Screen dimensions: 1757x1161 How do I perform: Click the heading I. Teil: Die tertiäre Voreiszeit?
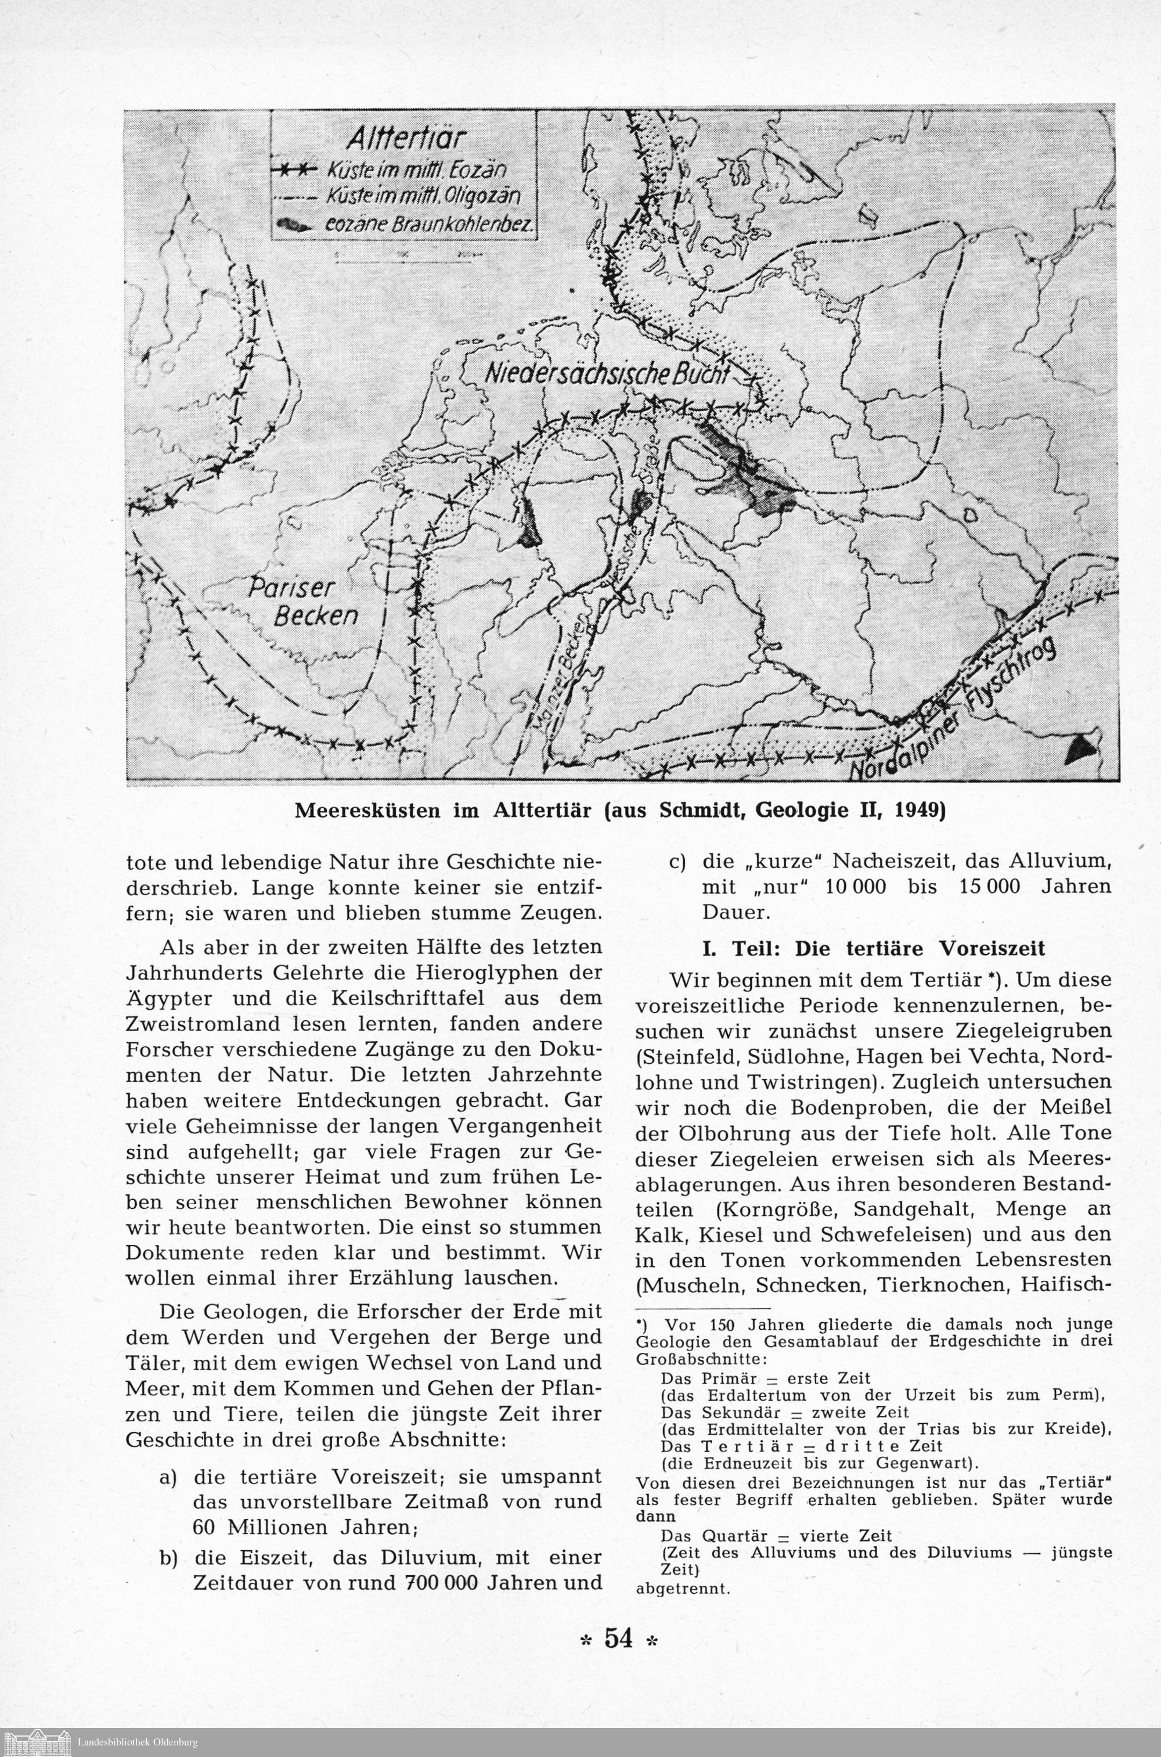tap(874, 949)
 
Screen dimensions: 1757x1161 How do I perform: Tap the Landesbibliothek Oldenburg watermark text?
tap(138, 1741)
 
